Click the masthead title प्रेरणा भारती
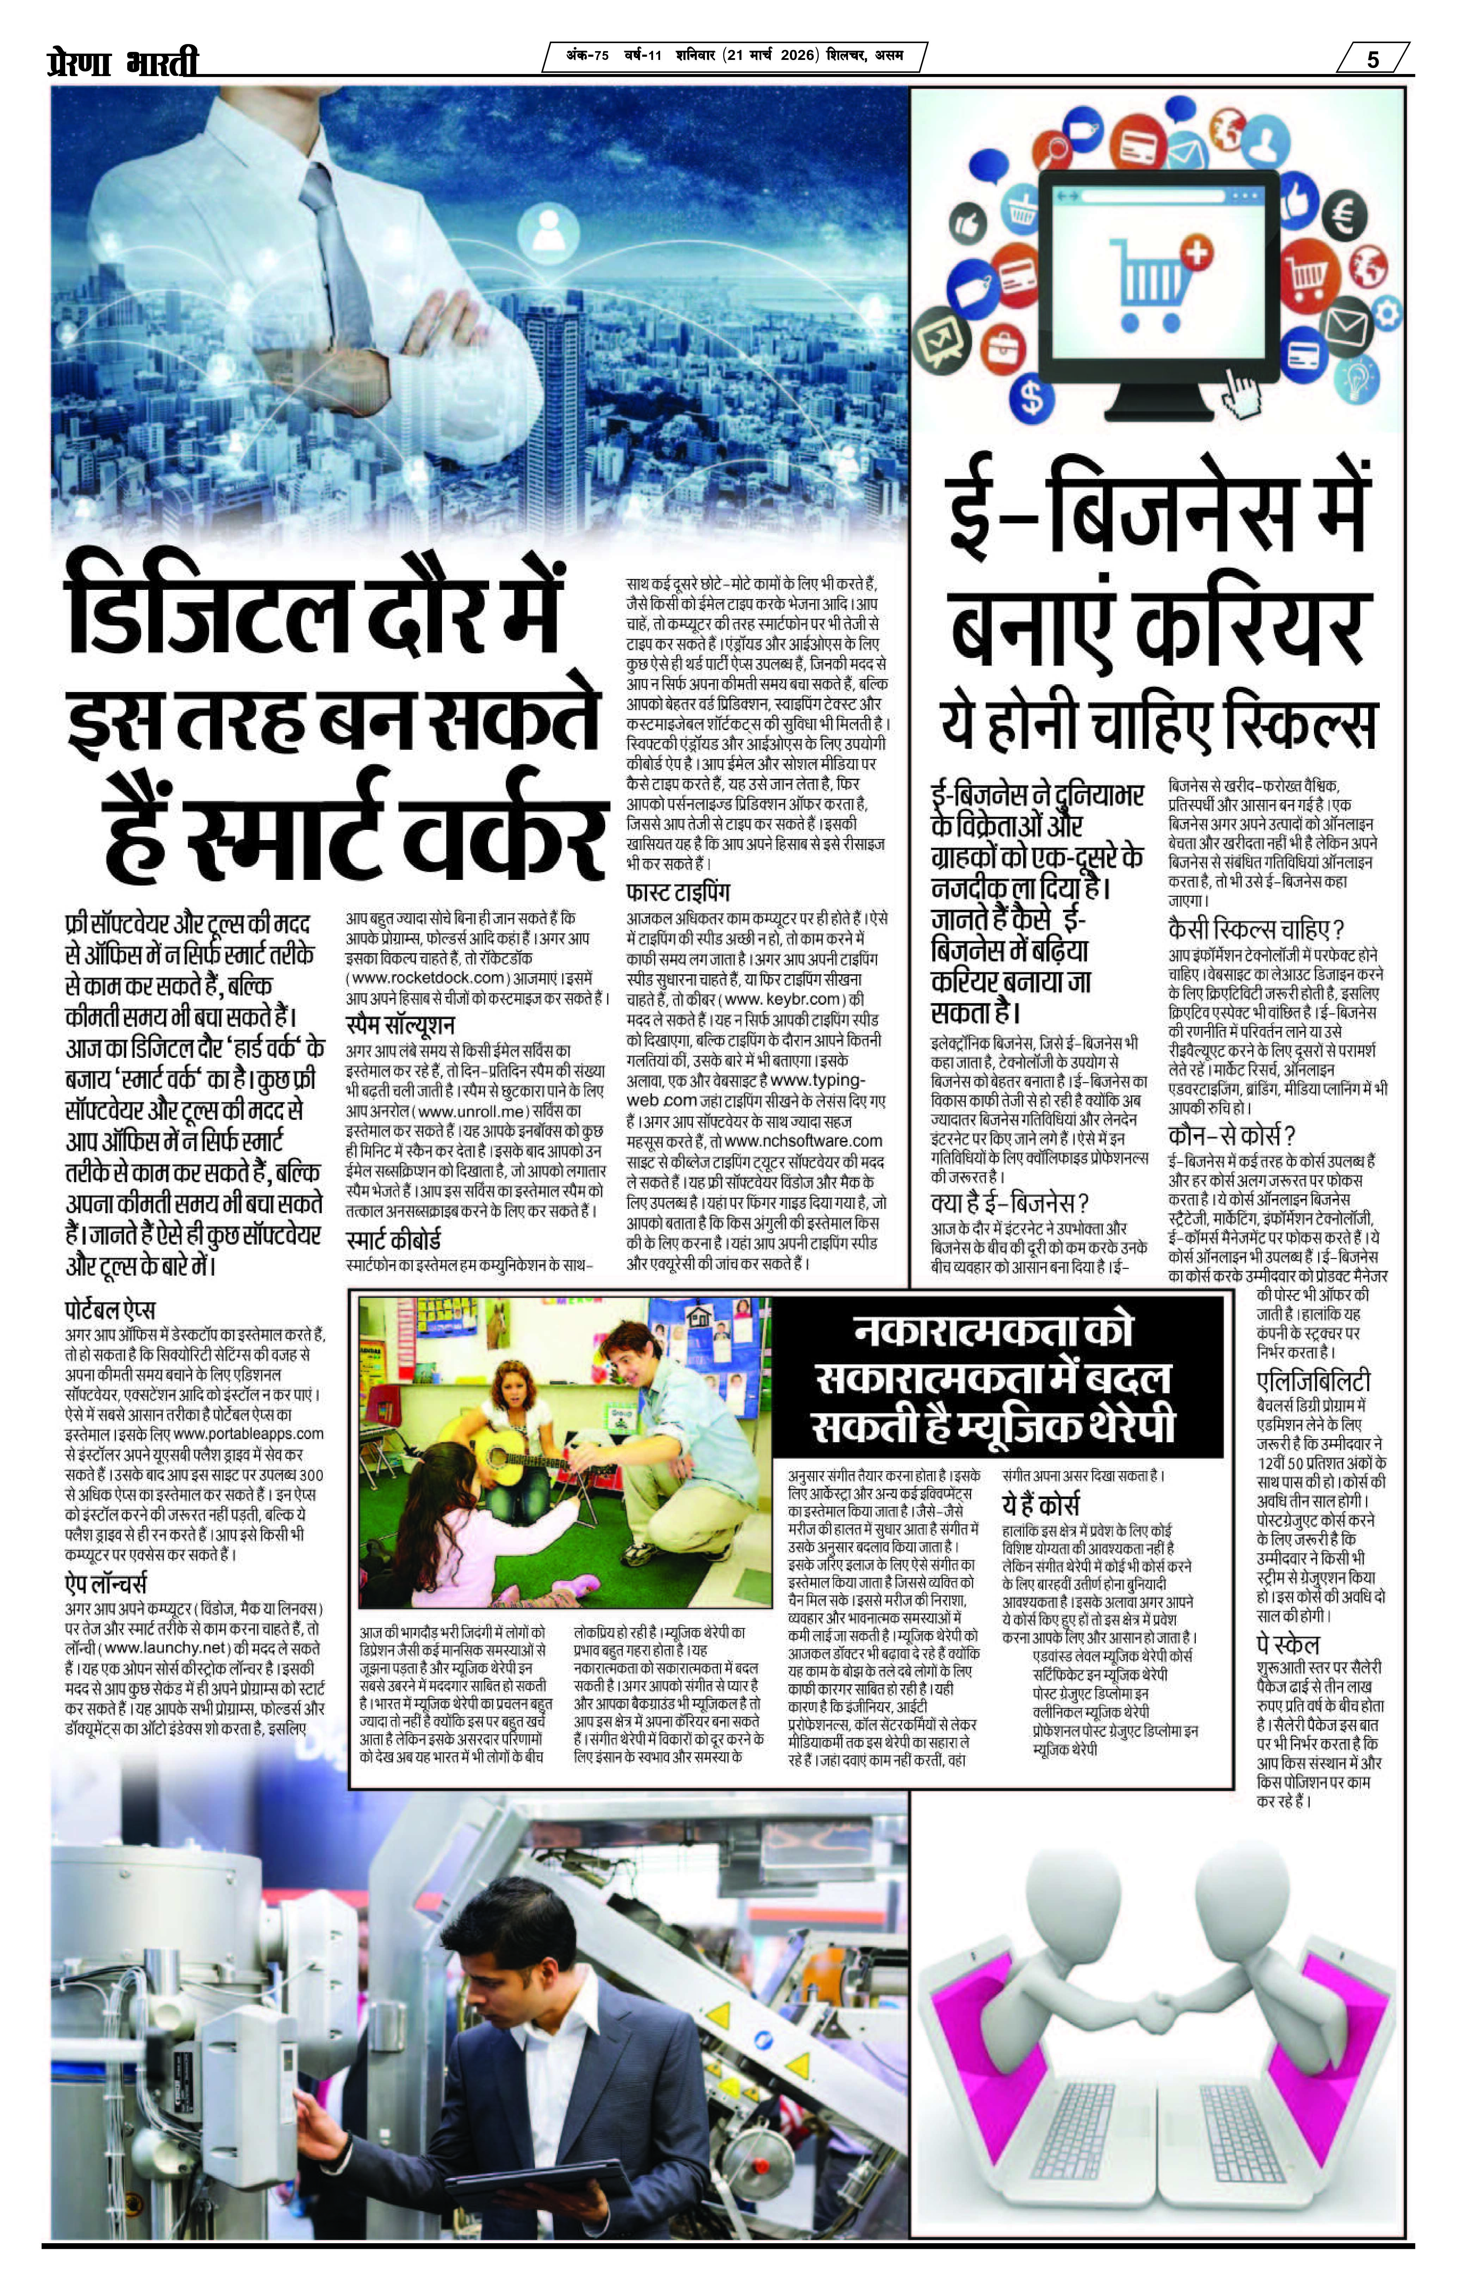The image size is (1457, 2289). click(x=124, y=63)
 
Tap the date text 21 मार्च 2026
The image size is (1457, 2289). click(x=770, y=57)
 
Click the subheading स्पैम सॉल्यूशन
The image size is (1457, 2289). click(x=399, y=1026)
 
